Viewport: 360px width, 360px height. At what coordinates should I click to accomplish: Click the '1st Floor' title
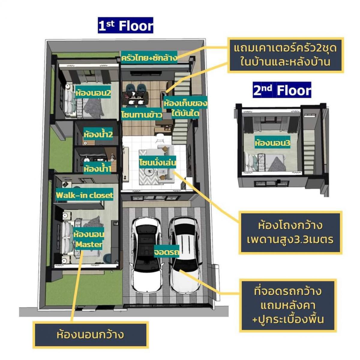(126, 25)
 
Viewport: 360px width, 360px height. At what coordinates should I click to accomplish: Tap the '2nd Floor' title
(282, 90)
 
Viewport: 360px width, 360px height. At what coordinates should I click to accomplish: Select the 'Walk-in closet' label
(84, 195)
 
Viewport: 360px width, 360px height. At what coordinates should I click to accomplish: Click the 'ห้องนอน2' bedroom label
(93, 93)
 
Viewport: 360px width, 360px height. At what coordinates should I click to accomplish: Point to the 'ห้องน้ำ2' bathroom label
(98, 134)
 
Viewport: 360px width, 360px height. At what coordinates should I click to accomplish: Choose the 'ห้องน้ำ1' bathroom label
(97, 169)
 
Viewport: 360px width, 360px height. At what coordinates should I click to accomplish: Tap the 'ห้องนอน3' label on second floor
(272, 143)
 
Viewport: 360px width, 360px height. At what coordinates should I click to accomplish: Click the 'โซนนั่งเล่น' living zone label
(157, 162)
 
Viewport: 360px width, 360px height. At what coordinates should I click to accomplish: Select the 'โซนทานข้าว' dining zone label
(142, 115)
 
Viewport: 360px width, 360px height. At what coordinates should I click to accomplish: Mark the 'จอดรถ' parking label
(166, 252)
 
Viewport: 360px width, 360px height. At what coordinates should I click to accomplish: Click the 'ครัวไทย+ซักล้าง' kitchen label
(149, 58)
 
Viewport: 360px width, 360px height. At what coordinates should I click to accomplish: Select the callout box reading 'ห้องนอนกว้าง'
(90, 335)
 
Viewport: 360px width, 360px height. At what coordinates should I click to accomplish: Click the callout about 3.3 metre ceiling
(290, 232)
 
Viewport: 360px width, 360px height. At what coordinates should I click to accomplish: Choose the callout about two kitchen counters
(285, 55)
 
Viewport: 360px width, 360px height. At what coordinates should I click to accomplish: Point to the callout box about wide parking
(288, 305)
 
